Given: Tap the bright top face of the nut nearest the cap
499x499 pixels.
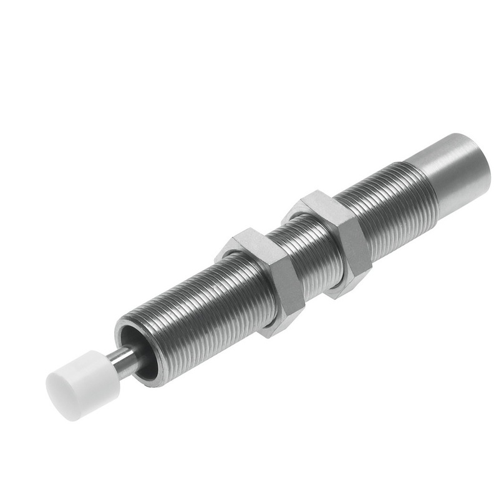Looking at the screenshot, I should tap(246, 245).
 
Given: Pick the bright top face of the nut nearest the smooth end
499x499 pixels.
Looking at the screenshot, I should tap(315, 206).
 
